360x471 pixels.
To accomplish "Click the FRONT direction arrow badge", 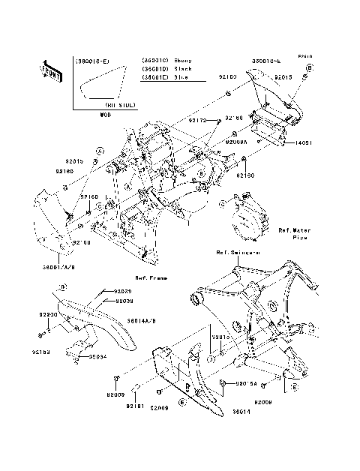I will click(51, 70).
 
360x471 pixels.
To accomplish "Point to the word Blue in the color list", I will click(181, 77).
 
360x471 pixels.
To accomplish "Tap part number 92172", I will click(197, 120).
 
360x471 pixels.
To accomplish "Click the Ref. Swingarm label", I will click(238, 252).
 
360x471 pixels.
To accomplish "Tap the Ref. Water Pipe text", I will click(294, 233).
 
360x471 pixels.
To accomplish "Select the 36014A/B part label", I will click(141, 319).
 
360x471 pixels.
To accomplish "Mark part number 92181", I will click(135, 406).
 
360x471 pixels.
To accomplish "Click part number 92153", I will click(42, 350).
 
